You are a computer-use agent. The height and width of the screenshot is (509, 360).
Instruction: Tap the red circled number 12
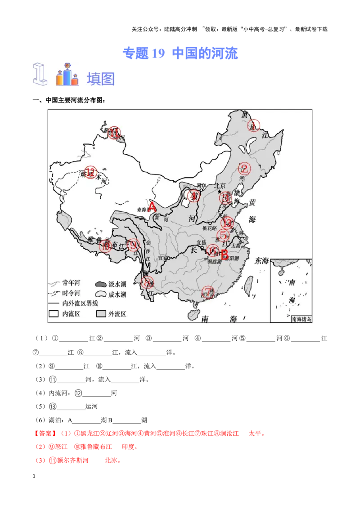91,172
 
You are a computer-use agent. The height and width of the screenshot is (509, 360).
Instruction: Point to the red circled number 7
207,292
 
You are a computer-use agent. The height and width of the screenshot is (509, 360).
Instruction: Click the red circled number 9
132,244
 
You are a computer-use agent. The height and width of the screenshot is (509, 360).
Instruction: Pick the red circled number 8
147,283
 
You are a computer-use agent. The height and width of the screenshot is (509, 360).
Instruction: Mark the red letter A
152,207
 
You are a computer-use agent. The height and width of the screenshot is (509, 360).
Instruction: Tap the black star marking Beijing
220,192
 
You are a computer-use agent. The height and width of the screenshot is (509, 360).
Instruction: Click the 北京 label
220,185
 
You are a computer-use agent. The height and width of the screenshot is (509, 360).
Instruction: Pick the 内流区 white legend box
54,314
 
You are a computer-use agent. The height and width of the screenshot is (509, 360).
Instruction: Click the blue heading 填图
101,79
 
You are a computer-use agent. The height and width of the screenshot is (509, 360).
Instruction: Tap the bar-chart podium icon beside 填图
67,76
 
